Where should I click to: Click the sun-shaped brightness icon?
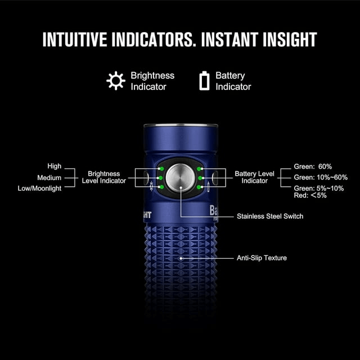coord(116,80)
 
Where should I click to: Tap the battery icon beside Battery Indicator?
coord(204,80)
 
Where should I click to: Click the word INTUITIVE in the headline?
coord(75,39)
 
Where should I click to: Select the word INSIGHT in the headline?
coord(290,39)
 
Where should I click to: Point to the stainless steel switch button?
coord(180,178)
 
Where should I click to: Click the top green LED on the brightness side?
coord(161,169)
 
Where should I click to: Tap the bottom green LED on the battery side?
coord(199,187)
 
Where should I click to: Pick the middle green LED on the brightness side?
coord(160,178)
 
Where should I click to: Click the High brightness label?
coord(55,166)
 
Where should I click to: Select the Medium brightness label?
coord(49,178)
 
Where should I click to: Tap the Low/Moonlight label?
coord(39,188)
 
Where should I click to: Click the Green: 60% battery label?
coord(313,166)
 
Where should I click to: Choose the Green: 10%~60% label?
coord(321,178)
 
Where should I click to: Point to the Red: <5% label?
coord(310,195)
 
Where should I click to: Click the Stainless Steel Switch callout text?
coord(270,216)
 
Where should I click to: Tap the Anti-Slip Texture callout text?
coord(262,258)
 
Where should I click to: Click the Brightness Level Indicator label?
coord(104,177)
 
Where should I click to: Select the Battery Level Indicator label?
coord(255,177)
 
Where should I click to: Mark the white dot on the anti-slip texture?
coord(181,258)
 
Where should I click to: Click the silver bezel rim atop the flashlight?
coord(181,125)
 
